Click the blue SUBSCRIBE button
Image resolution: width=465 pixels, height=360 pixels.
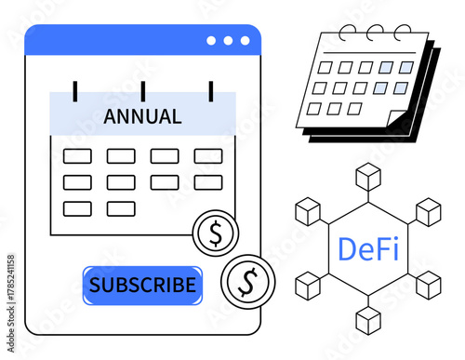click(x=142, y=286)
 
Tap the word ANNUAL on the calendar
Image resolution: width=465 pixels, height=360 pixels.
click(x=142, y=117)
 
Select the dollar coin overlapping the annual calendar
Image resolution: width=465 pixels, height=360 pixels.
click(x=216, y=233)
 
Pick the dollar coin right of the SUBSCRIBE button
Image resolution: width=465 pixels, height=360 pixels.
click(x=246, y=278)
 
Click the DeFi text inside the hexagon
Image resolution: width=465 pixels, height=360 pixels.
click(x=369, y=249)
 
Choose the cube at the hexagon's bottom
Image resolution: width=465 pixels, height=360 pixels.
click(x=369, y=320)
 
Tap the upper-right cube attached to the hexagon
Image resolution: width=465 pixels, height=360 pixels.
click(x=428, y=212)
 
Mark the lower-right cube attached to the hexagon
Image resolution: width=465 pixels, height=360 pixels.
click(x=429, y=285)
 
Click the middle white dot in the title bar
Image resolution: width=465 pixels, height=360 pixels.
click(x=229, y=41)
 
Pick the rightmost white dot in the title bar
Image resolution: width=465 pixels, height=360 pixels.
click(x=245, y=41)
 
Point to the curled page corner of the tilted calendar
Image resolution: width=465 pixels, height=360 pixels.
click(x=397, y=121)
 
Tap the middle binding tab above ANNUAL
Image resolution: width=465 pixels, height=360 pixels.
click(x=142, y=90)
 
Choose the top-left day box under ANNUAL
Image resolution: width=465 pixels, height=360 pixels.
click(x=77, y=156)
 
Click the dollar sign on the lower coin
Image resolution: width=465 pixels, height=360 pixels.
click(x=246, y=278)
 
